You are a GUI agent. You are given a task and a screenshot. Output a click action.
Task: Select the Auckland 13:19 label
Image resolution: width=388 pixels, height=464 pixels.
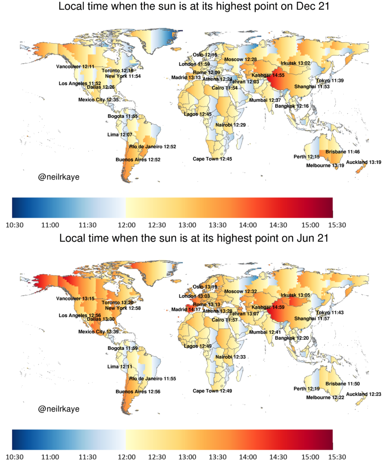pyautogui.click(x=364, y=162)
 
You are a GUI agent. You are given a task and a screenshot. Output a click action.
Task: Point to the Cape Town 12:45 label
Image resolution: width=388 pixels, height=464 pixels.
pyautogui.click(x=212, y=159)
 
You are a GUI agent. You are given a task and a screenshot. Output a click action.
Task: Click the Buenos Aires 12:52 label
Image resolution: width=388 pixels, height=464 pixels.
pyautogui.click(x=138, y=159)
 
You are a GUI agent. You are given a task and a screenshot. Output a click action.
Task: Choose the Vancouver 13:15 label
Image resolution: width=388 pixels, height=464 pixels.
pyautogui.click(x=75, y=299)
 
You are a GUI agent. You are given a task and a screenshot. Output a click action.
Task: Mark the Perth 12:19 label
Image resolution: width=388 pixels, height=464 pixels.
pyautogui.click(x=307, y=389)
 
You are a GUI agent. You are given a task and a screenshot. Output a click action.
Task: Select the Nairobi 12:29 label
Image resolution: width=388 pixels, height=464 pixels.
pyautogui.click(x=230, y=125)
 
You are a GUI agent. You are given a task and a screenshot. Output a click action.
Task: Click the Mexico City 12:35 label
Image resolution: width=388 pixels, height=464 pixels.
pyautogui.click(x=98, y=100)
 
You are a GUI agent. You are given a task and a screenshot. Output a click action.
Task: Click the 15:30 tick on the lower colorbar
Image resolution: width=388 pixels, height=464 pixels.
pyautogui.click(x=332, y=457)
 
